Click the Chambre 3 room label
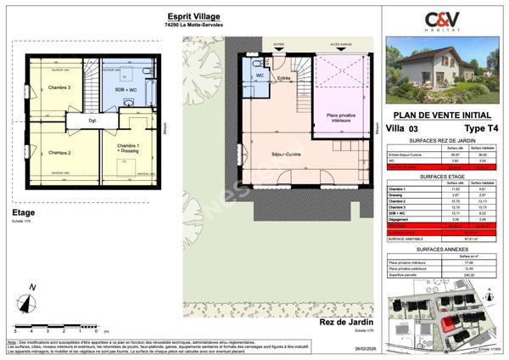[x=59, y=88]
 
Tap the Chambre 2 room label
[x=59, y=153]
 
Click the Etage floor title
[x=22, y=213]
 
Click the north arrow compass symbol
[x=29, y=297]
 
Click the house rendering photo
[x=442, y=71]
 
